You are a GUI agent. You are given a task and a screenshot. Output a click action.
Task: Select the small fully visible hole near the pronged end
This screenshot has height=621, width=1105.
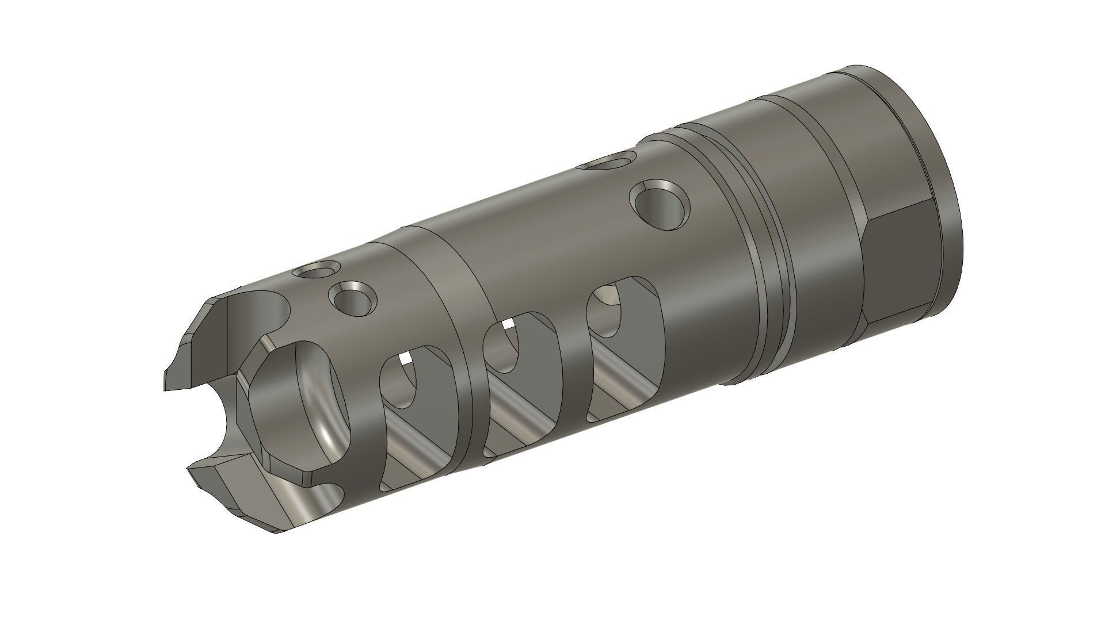coord(353,298)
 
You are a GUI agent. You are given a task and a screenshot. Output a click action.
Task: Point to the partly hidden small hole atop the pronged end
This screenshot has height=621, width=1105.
coord(315,270)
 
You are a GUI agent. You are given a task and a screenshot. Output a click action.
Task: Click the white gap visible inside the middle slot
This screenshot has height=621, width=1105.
coord(507,325)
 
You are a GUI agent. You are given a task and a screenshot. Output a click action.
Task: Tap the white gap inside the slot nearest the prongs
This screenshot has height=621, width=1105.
coord(406,359)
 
